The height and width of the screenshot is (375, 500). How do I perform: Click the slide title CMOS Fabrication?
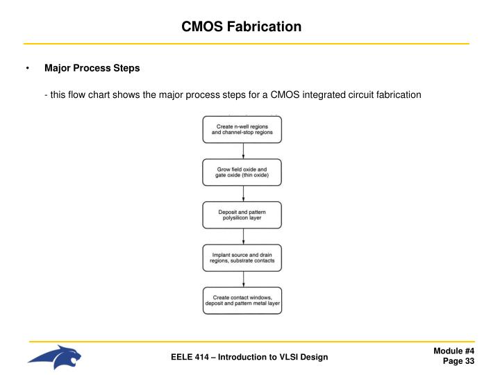[x=242, y=26]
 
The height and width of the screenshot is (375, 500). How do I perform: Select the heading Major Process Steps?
[x=92, y=68]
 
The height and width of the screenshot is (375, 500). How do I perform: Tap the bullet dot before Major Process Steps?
[x=28, y=68]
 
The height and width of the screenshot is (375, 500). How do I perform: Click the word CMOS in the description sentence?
[x=285, y=94]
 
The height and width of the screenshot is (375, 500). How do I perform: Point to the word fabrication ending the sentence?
[x=399, y=94]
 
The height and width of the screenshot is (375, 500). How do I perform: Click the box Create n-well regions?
[x=242, y=129]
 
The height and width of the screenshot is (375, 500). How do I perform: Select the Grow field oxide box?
[x=242, y=172]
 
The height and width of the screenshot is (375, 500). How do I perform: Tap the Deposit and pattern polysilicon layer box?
[x=242, y=215]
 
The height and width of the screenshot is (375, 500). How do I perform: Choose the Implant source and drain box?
[x=242, y=258]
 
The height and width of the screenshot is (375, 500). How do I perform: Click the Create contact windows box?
[x=242, y=301]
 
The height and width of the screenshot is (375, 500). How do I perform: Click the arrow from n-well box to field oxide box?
[x=243, y=151]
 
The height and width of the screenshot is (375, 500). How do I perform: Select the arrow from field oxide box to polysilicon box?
[x=243, y=194]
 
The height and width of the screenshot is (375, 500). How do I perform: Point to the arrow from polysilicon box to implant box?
[x=243, y=237]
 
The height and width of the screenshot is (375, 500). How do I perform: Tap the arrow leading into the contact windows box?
[x=243, y=279]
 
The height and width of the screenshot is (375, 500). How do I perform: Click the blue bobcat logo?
[x=55, y=357]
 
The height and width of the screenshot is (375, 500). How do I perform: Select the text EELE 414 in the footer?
[x=190, y=357]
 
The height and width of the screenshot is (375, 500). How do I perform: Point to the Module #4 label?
[x=453, y=351]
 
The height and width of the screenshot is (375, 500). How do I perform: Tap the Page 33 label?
[x=458, y=361]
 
